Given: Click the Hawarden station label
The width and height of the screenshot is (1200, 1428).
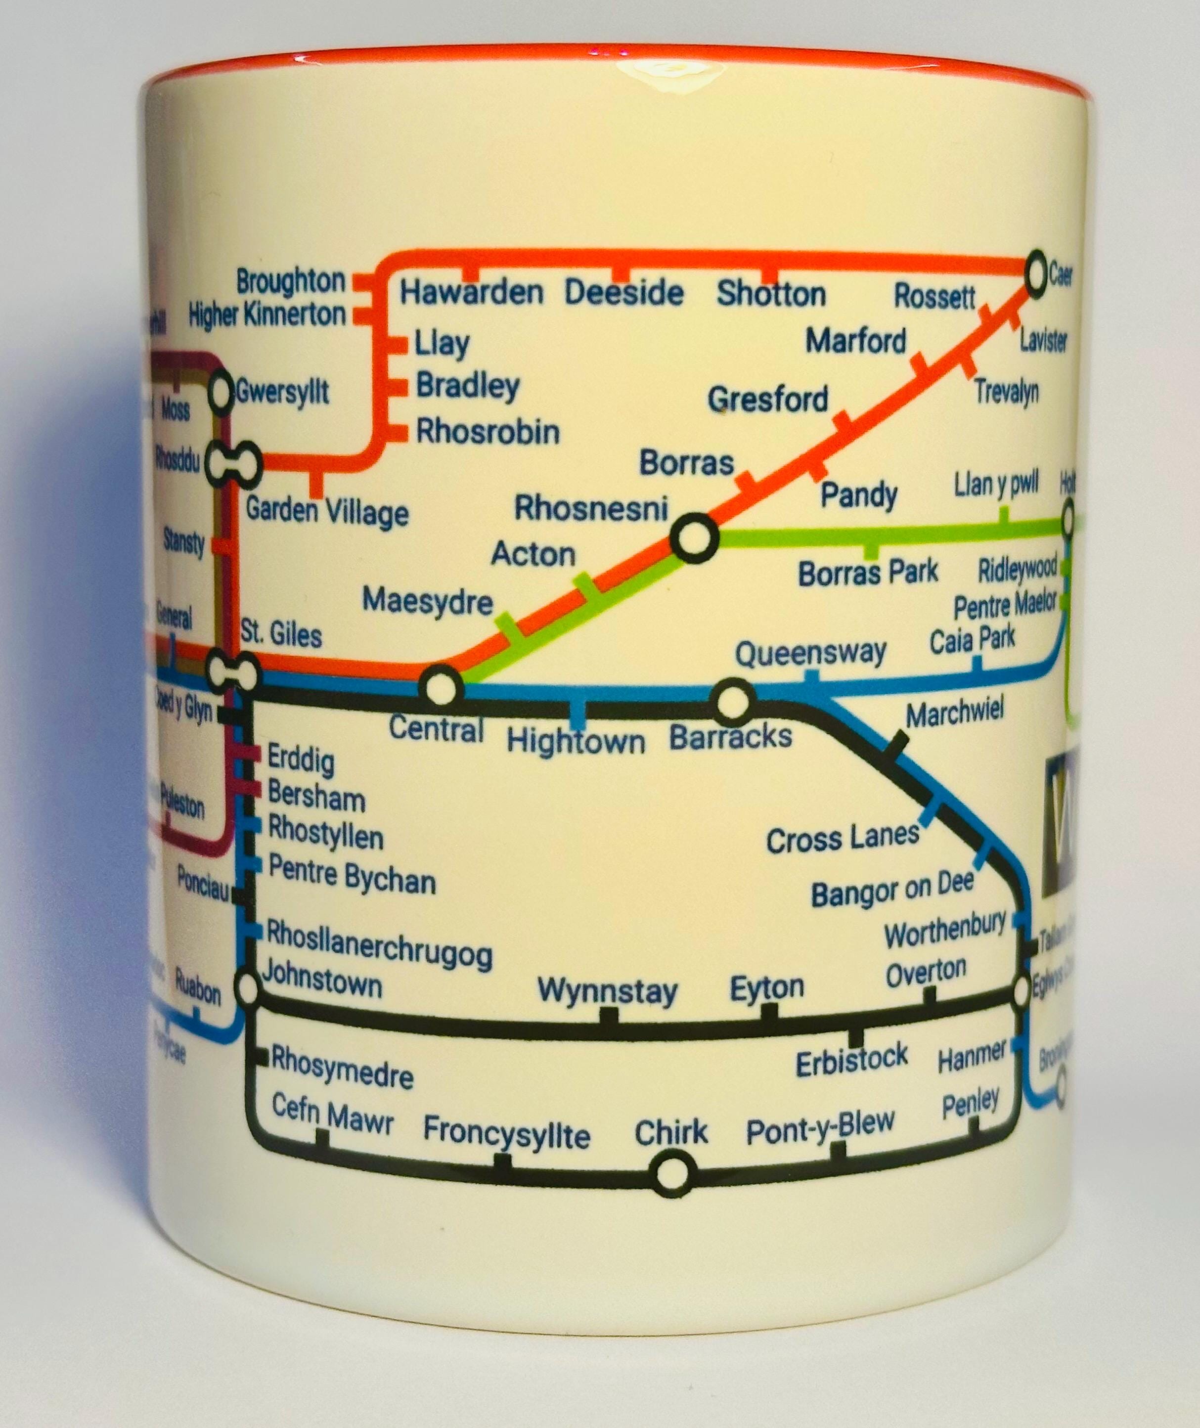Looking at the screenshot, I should [x=471, y=293].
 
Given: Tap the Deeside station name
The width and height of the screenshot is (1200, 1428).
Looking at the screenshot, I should [x=624, y=293].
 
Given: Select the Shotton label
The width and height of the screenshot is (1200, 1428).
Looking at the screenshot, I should [x=771, y=295].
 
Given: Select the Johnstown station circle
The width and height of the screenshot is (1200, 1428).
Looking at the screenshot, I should [x=248, y=988].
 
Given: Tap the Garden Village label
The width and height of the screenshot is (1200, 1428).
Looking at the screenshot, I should [x=326, y=510].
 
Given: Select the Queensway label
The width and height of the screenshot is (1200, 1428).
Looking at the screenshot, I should [x=810, y=654].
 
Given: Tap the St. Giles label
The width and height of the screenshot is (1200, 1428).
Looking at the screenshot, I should [x=281, y=635].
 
